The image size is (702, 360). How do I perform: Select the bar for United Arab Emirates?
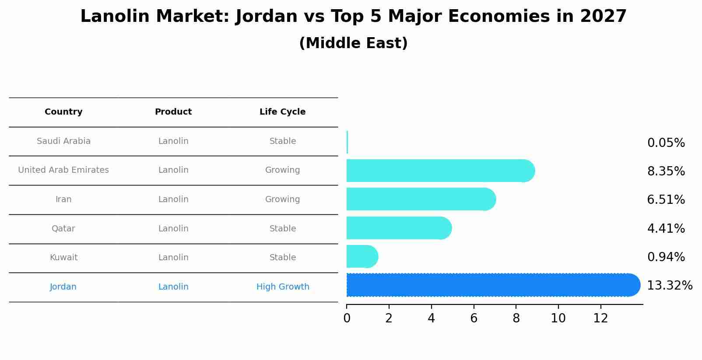click(x=438, y=171)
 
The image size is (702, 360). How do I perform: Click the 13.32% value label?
click(x=669, y=286)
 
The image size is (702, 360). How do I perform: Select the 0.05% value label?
click(x=666, y=143)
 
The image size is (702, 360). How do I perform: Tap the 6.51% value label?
click(x=666, y=200)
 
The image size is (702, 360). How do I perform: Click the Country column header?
click(x=63, y=112)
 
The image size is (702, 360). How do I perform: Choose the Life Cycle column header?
click(x=282, y=112)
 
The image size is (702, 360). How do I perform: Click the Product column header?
click(x=173, y=112)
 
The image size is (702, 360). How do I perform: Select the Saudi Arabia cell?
click(x=63, y=141)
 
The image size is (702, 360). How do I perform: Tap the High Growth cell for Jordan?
click(x=283, y=287)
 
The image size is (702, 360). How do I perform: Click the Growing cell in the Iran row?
click(x=282, y=199)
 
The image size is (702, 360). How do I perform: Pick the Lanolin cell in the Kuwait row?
click(x=173, y=258)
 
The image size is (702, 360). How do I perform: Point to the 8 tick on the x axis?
click(x=516, y=318)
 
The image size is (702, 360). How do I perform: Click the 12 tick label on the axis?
click(x=600, y=318)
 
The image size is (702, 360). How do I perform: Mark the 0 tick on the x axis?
click(x=347, y=318)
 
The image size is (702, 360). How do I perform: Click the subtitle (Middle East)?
click(x=353, y=43)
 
